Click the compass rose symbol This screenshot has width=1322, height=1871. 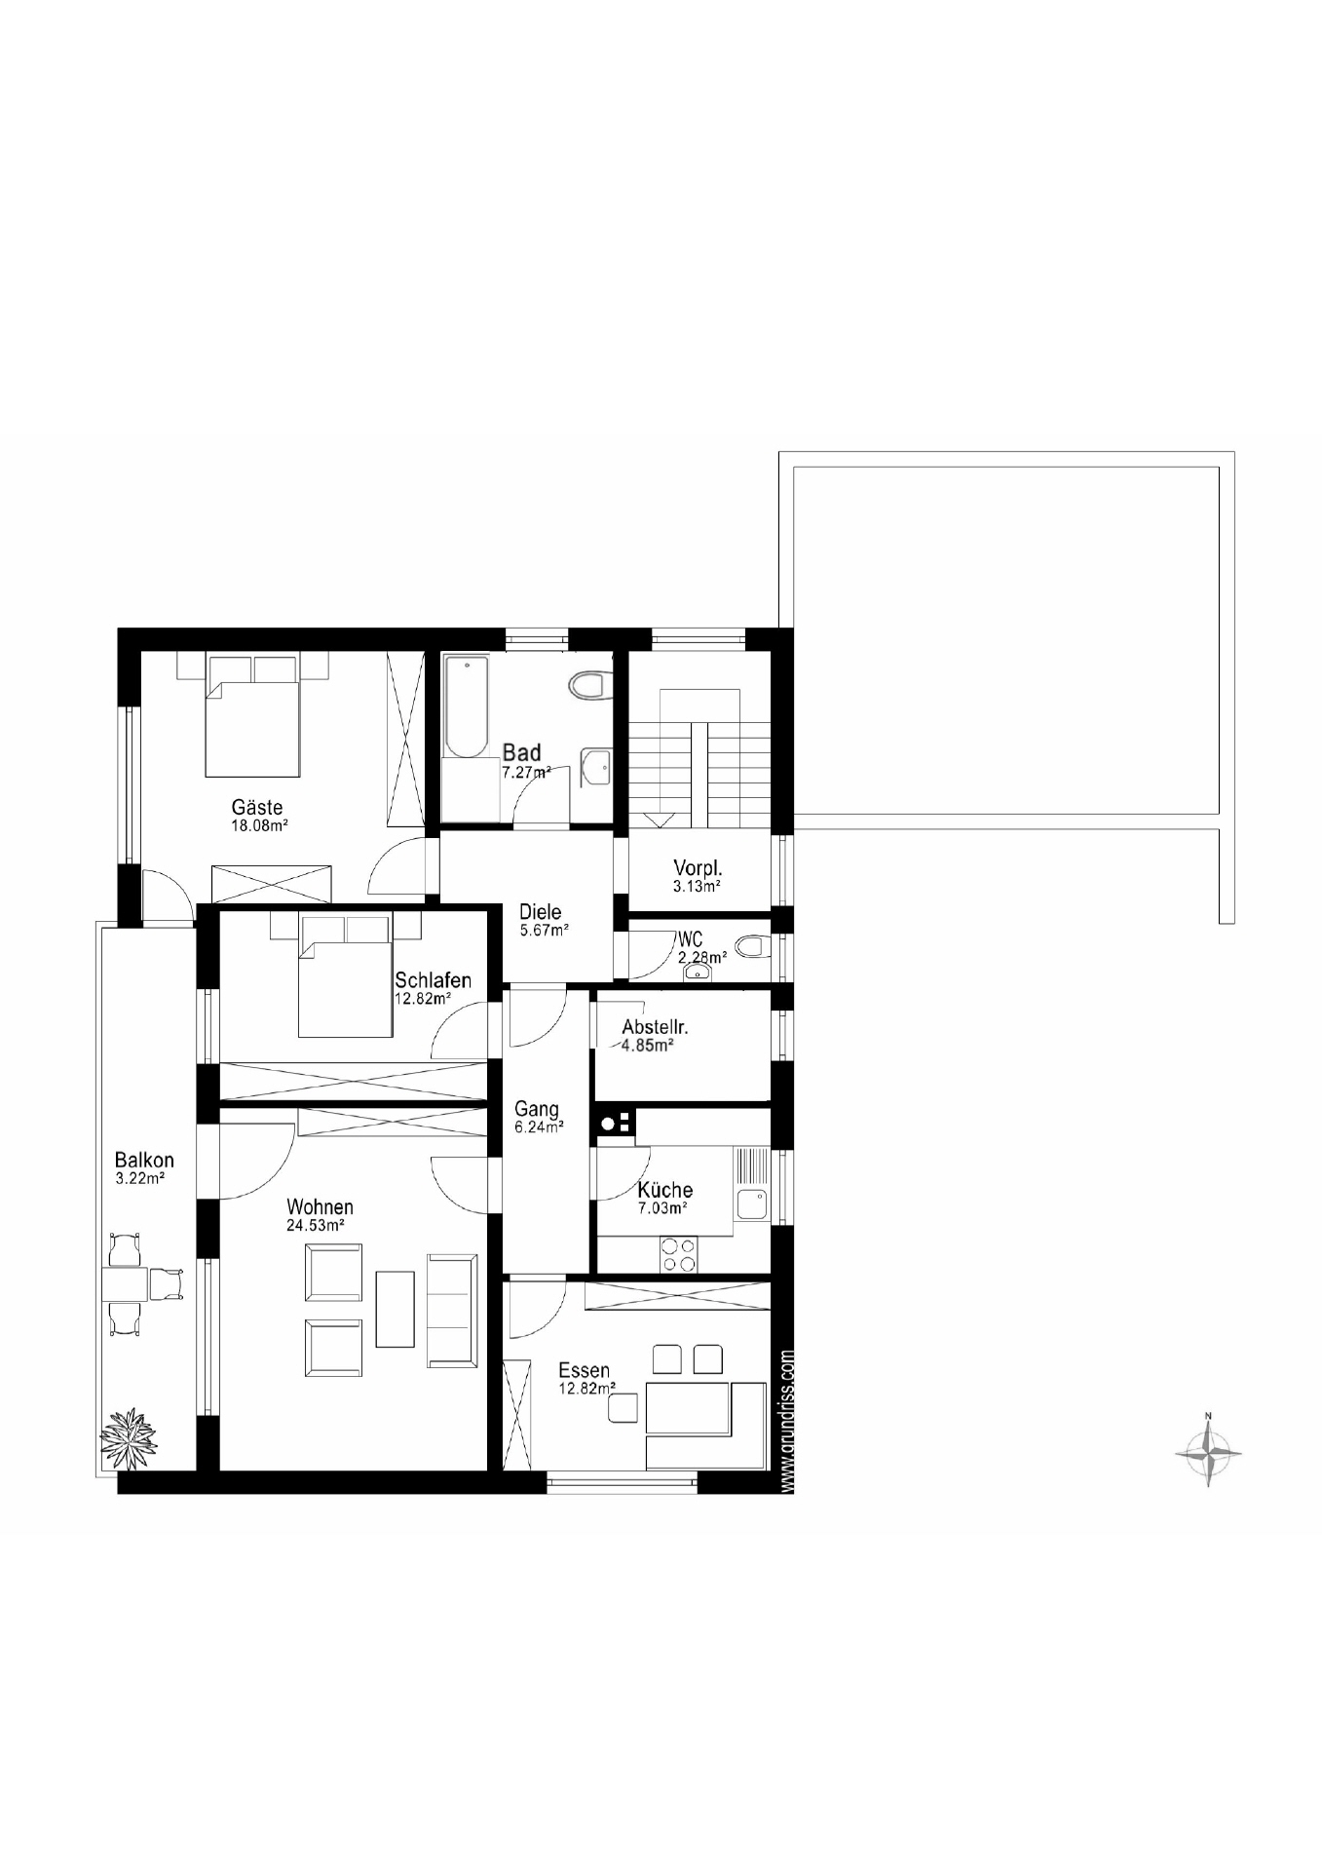pos(1208,1453)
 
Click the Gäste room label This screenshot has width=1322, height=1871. pos(257,807)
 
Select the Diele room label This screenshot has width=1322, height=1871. pos(540,912)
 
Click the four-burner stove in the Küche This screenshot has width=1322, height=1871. pos(678,1254)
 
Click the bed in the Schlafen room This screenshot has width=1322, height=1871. pos(345,977)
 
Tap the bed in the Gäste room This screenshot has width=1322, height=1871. pos(252,716)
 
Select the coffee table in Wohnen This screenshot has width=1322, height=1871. pos(396,1309)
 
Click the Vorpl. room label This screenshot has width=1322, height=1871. pos(698,868)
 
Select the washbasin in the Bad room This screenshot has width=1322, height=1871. pos(596,767)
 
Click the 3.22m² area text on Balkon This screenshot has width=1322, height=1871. pos(139,1177)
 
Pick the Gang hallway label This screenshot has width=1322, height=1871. pos(537,1109)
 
